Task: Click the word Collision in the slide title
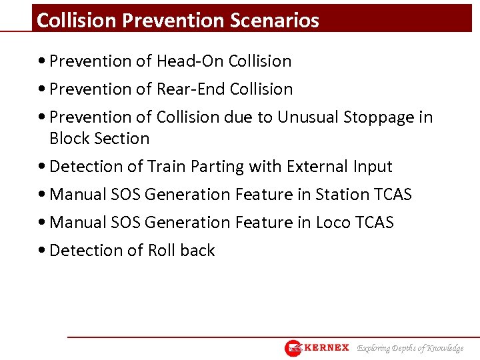pos(77,21)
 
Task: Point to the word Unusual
pos(307,117)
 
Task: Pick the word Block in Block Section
pos(70,139)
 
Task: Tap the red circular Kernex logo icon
pos(293,348)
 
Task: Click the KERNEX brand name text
pos(327,348)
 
